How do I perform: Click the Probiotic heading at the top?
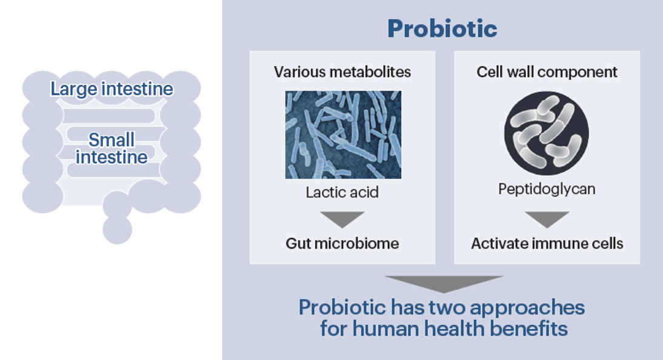[442, 28]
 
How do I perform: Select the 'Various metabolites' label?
[342, 72]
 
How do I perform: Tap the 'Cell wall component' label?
[547, 72]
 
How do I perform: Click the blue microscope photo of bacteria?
[343, 135]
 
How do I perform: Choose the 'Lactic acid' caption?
[342, 193]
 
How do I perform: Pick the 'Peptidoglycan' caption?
[547, 189]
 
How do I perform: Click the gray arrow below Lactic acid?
[342, 219]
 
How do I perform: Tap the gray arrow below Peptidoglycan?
[547, 219]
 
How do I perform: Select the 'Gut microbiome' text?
[342, 244]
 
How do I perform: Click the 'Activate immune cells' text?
[547, 244]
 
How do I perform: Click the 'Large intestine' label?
[112, 90]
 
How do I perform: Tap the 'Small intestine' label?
[112, 148]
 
